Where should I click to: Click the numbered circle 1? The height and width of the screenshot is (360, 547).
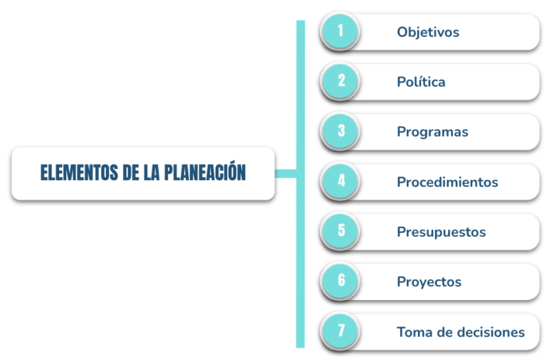[x=340, y=31]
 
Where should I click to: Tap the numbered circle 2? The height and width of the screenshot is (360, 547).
[x=340, y=81]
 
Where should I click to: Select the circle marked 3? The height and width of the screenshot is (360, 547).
[x=340, y=131]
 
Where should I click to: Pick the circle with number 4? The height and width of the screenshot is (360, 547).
[x=340, y=181]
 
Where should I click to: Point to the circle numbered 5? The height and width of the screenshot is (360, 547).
[x=340, y=231]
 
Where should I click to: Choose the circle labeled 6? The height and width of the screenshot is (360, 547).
[x=340, y=281]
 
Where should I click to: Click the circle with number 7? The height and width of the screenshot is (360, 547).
[x=340, y=331]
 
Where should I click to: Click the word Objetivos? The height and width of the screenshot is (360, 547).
[x=428, y=32]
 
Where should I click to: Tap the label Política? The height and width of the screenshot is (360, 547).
[x=421, y=82]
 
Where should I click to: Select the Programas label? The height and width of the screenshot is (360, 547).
[x=432, y=132]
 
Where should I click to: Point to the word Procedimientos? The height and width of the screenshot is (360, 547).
[x=447, y=182]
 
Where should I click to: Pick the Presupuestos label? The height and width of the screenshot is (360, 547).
[x=442, y=232]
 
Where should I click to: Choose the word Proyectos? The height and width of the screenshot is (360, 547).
[x=429, y=282]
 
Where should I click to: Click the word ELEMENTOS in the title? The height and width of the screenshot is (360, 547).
[x=79, y=173]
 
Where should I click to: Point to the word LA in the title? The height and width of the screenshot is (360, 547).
[x=152, y=173]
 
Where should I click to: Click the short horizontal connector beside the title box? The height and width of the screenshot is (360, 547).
[x=286, y=173]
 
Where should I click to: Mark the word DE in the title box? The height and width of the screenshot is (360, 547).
[x=131, y=173]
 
